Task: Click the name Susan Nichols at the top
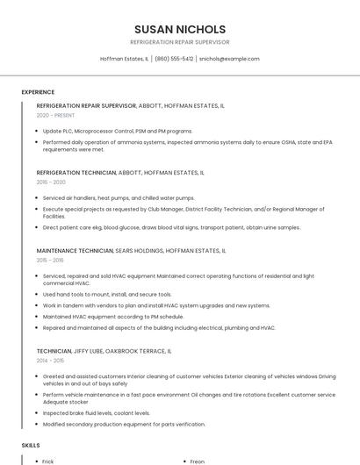pos(179,29)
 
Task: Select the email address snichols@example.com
pos(229,59)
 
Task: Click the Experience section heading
pos(38,92)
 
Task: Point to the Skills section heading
pos(31,446)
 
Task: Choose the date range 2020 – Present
pos(54,115)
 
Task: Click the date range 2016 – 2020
pos(51,182)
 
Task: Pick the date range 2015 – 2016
pos(50,260)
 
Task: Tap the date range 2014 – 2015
pos(50,360)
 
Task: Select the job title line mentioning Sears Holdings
pos(131,251)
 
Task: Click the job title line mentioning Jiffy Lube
pos(104,351)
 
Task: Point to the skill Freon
pos(198,461)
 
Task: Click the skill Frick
pos(48,461)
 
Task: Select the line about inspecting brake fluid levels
pos(97,412)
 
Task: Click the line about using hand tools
pos(107,295)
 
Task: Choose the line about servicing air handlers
pos(119,198)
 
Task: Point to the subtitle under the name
pos(179,42)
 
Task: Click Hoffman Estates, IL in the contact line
pos(124,59)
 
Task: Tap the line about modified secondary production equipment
pos(124,424)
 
